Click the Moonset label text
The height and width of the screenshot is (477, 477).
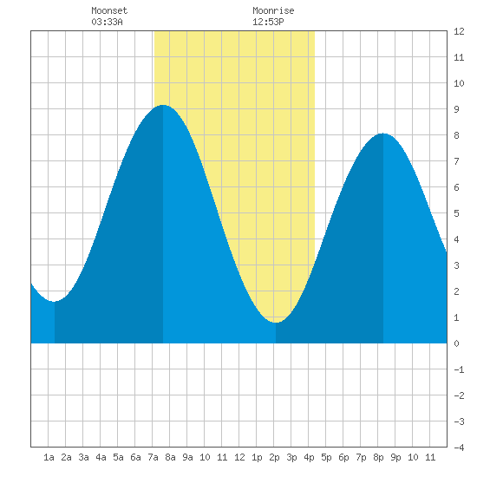(109, 11)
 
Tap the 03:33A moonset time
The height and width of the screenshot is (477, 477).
(107, 22)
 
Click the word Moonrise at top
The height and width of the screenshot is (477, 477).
(273, 11)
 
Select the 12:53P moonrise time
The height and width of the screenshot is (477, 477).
(268, 22)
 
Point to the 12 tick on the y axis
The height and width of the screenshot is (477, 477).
(459, 31)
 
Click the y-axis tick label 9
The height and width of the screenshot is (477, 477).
(456, 109)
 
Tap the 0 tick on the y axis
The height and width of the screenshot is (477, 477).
(456, 343)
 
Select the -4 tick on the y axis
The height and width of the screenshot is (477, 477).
(459, 448)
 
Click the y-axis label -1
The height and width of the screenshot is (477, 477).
(459, 369)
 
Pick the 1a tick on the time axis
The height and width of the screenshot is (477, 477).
(49, 457)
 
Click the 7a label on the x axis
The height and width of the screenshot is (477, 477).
(153, 457)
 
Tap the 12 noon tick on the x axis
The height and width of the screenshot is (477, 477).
(239, 457)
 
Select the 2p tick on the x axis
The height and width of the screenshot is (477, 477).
(274, 457)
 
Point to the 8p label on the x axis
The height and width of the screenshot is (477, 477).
(378, 457)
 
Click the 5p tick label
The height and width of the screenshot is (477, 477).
(326, 457)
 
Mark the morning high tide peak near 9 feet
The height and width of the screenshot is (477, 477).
(163, 105)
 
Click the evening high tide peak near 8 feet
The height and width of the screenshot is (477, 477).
(383, 134)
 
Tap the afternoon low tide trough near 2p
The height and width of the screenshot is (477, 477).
(276, 322)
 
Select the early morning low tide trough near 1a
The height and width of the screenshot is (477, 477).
(54, 302)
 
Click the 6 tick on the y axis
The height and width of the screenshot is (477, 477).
(456, 187)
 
